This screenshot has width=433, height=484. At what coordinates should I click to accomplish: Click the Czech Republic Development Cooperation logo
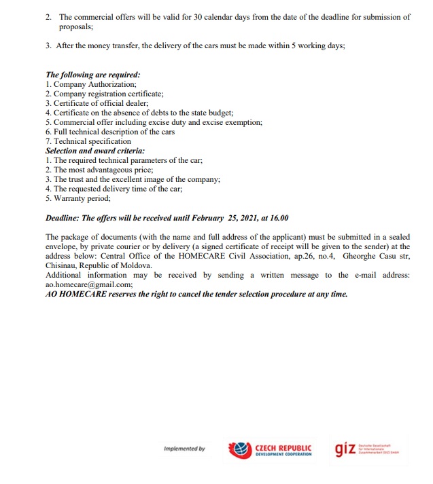click(271, 450)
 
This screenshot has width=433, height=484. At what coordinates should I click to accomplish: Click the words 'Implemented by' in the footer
click(184, 449)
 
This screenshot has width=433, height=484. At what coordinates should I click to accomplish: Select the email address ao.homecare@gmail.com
click(88, 285)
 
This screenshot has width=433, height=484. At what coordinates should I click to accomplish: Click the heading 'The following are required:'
click(93, 75)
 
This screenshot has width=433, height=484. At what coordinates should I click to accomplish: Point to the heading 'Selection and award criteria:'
click(95, 151)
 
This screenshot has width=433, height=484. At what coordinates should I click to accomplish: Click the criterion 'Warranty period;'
click(82, 198)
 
